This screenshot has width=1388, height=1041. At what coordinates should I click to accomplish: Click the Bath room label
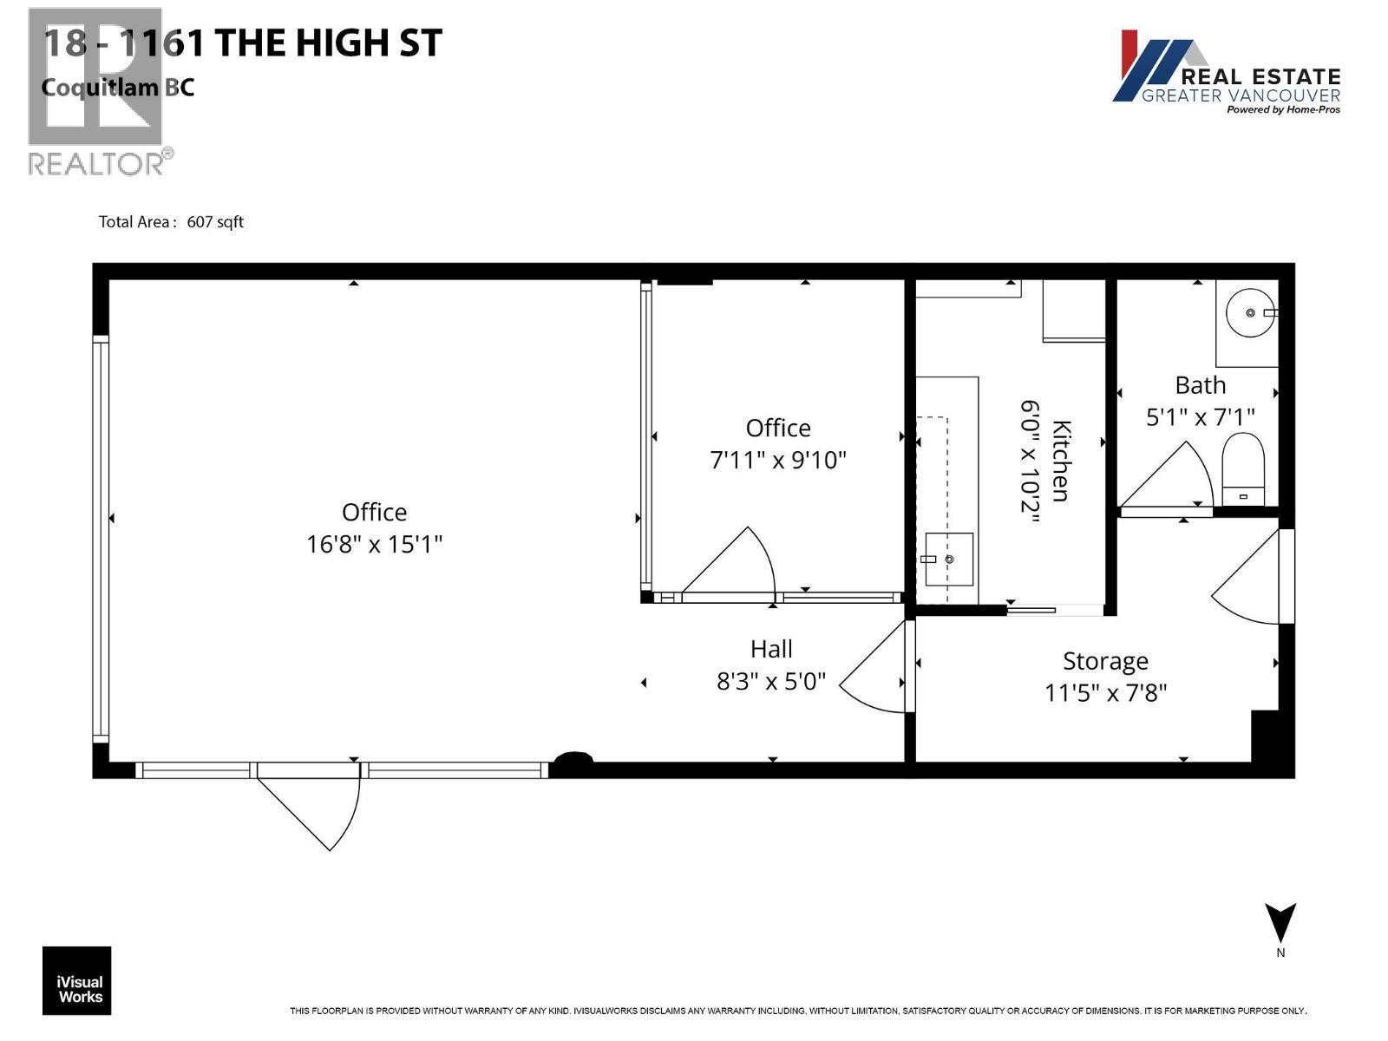[1200, 385]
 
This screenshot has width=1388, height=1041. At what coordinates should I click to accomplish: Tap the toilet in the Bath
[1243, 469]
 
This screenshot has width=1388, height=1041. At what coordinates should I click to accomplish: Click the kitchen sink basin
[947, 560]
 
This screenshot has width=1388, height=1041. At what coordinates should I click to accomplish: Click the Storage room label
[1105, 661]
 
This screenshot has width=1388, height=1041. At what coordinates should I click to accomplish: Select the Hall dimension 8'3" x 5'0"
[770, 682]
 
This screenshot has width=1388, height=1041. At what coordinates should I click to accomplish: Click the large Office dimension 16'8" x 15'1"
[374, 545]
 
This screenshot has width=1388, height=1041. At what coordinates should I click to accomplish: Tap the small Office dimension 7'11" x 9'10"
[777, 460]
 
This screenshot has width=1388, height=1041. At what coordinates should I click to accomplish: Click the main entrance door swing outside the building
[317, 807]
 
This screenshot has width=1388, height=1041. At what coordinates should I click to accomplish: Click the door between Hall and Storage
[876, 668]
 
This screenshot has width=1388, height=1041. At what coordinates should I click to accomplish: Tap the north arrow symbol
[1280, 924]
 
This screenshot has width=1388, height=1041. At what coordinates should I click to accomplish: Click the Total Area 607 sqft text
[171, 222]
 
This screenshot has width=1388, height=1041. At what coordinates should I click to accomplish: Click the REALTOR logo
[95, 91]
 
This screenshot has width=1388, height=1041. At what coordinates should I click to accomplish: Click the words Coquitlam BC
[118, 88]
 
